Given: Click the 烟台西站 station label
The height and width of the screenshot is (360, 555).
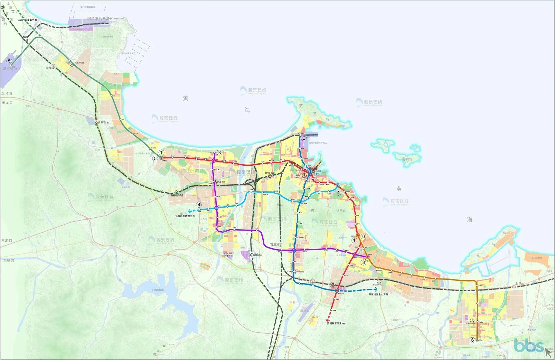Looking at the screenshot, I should coord(177,195).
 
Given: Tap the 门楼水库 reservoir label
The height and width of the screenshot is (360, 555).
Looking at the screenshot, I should coord(158,290).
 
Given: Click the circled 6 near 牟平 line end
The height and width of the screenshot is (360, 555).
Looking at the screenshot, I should coord(472,340).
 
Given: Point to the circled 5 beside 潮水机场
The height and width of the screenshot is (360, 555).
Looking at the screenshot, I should coord(9,61).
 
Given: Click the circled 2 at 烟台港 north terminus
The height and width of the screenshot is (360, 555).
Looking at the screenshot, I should coord(304,138).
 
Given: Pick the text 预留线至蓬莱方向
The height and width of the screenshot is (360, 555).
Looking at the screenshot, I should coord(27,20).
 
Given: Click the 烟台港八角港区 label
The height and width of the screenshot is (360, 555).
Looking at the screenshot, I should coord(100,19).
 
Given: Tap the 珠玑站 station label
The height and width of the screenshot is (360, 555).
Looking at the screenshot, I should coord(269,173).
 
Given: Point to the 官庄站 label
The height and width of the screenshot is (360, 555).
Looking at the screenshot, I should coord(275,245).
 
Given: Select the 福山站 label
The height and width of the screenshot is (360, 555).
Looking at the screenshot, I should coord(258,255).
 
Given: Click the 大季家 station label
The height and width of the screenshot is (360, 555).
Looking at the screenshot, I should coord(50,68).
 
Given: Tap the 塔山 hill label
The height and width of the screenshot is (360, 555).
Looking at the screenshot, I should coord(314,211).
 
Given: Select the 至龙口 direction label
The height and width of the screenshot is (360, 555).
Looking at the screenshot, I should coord(7,103).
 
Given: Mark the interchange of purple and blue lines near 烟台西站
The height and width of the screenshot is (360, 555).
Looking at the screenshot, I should coord(216,208).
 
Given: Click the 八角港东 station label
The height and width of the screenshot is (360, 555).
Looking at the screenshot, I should coord(104,123).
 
